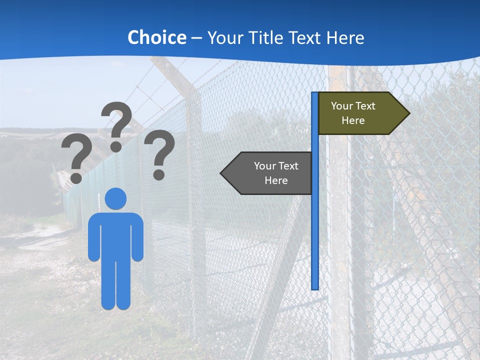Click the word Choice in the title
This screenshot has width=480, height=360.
pyautogui.click(x=156, y=37)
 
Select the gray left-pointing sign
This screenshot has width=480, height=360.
pyautogui.click(x=270, y=173)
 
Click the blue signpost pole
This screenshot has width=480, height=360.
pyautogui.click(x=315, y=225)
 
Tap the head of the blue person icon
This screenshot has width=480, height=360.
pyautogui.click(x=115, y=198)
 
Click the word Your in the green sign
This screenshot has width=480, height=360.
pyautogui.click(x=342, y=106)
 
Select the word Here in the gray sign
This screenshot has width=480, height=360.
pyautogui.click(x=276, y=180)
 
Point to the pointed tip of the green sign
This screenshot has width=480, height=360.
pyautogui.click(x=408, y=113)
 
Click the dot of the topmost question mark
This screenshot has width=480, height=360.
pyautogui.click(x=116, y=146)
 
